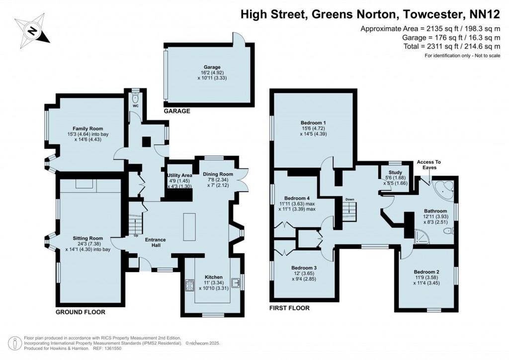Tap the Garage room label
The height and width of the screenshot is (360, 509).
[x=212, y=67]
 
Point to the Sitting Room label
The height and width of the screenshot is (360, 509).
[x=87, y=238]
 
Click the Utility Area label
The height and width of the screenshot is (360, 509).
[x=179, y=176]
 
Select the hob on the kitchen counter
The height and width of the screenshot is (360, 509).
[x=189, y=285]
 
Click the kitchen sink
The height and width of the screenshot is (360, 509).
[x=239, y=283]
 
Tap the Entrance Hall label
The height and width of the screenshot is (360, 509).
[x=155, y=240]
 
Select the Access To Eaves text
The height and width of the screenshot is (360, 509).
[x=428, y=165]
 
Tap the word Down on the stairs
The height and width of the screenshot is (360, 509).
[x=350, y=199]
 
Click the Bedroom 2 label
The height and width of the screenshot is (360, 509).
[x=426, y=272]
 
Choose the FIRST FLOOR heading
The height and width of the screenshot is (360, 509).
[x=289, y=308]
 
